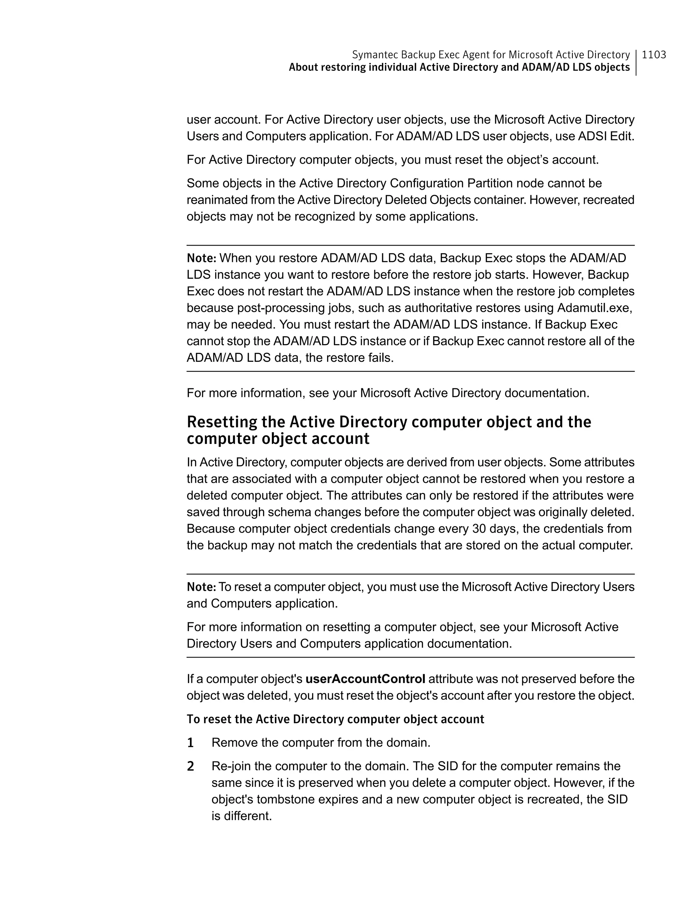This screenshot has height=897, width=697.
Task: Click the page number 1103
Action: click(x=653, y=55)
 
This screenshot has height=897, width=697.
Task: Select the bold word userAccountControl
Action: click(x=365, y=679)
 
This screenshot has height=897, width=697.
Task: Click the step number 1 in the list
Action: click(x=190, y=743)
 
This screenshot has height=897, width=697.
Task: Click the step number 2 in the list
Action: click(x=190, y=767)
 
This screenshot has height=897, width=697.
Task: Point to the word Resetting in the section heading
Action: click(x=235, y=422)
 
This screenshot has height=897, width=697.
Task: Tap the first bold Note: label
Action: click(x=201, y=258)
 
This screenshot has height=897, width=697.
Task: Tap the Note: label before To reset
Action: click(x=201, y=587)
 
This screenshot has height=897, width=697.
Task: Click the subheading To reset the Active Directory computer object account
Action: click(x=335, y=719)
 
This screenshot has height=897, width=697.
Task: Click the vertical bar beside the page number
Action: click(x=636, y=62)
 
